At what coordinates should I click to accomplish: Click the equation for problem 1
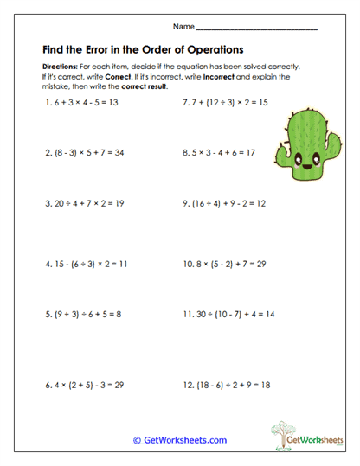[x=82, y=103]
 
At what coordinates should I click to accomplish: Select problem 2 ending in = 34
[x=84, y=153]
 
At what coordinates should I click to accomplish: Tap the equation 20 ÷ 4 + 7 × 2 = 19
[x=84, y=205]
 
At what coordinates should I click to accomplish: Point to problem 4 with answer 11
[x=86, y=261]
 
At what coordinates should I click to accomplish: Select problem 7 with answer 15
[x=225, y=103]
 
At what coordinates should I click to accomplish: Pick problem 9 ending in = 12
[x=222, y=205]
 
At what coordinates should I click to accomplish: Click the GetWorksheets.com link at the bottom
[x=180, y=440]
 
